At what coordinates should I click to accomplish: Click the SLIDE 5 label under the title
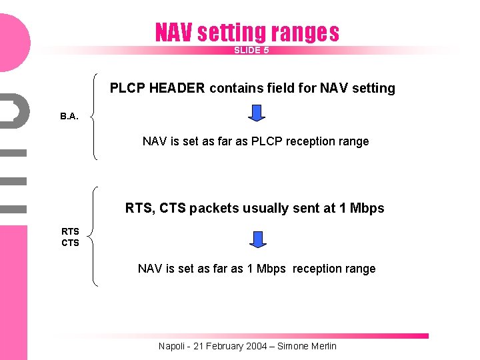[x=251, y=50]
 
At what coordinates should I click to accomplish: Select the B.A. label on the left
[x=69, y=116]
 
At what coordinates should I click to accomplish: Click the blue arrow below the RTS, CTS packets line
[x=257, y=239]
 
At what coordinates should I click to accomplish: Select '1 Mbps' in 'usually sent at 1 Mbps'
[x=362, y=208]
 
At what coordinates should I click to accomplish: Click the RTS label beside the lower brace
[x=70, y=232]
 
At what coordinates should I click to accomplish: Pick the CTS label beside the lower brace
[x=70, y=243]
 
